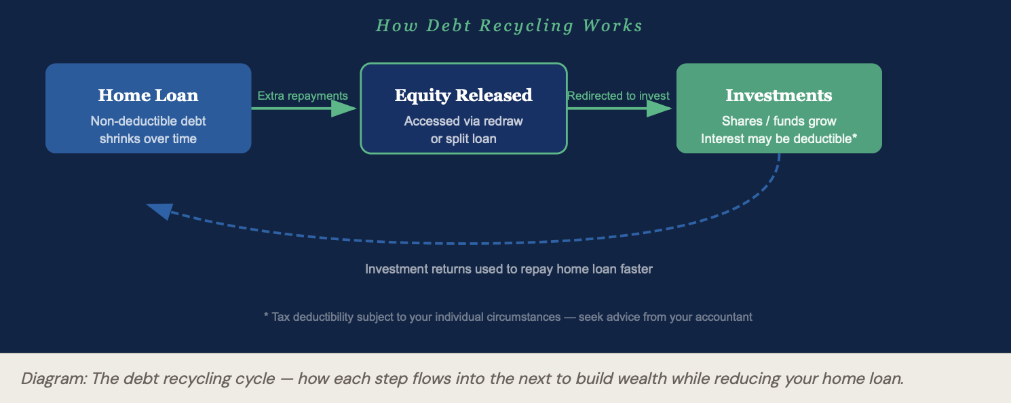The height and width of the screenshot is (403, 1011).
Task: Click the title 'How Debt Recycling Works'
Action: [509, 26]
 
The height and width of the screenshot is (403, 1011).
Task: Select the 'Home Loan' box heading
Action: [148, 95]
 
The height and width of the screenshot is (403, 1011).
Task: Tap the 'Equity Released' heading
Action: [463, 96]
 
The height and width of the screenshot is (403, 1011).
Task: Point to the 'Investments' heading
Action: [779, 95]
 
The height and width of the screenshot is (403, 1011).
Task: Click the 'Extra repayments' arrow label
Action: [303, 96]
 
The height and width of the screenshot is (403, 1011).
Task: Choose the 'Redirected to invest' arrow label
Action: [618, 96]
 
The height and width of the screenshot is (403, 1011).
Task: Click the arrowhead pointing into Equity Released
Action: [344, 109]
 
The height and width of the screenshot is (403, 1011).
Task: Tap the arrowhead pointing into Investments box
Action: [660, 109]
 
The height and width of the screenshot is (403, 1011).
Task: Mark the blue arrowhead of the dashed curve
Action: [159, 211]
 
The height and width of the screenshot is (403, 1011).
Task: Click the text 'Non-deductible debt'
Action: [148, 121]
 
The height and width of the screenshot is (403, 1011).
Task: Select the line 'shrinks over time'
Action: [148, 138]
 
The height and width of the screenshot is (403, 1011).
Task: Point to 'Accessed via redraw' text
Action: [463, 121]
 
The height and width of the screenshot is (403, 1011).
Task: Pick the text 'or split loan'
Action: [463, 138]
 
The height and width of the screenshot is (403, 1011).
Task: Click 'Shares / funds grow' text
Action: [779, 121]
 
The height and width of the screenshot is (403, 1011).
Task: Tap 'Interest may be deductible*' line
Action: [779, 138]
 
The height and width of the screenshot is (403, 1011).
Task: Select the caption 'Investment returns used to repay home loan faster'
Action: [509, 269]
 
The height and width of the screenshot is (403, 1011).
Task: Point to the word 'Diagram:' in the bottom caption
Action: [54, 379]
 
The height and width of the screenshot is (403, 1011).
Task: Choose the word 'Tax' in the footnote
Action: [280, 317]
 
